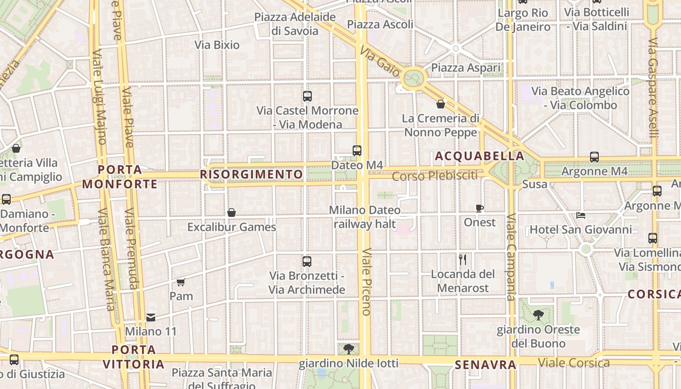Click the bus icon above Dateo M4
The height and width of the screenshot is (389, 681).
(x=357, y=151)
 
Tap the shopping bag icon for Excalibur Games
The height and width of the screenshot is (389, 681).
(x=232, y=212)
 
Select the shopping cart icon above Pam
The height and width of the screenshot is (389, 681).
(x=181, y=282)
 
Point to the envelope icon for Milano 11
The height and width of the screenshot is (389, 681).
(x=151, y=318)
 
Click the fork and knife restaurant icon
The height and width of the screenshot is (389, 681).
(x=463, y=260)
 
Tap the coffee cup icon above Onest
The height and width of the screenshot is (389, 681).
(x=480, y=208)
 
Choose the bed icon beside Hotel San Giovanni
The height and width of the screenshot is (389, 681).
(x=580, y=215)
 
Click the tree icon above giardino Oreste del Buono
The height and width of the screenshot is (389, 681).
(x=538, y=315)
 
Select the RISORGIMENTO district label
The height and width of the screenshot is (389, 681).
(x=251, y=174)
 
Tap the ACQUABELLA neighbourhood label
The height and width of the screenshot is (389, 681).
(x=480, y=156)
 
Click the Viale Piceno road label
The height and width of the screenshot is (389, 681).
(x=366, y=282)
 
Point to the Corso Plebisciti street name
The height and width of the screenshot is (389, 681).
(x=435, y=176)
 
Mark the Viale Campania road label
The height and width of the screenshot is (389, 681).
(x=511, y=257)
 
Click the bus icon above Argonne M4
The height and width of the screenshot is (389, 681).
(x=594, y=157)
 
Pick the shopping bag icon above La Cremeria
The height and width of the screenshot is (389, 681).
(x=441, y=104)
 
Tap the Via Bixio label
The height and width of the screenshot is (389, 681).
(x=217, y=45)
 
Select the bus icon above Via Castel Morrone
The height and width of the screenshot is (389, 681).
(x=307, y=96)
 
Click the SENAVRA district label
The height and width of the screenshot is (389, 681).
(x=485, y=365)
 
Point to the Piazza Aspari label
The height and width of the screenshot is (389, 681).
(x=466, y=68)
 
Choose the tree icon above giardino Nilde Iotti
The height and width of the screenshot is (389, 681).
(x=348, y=349)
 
